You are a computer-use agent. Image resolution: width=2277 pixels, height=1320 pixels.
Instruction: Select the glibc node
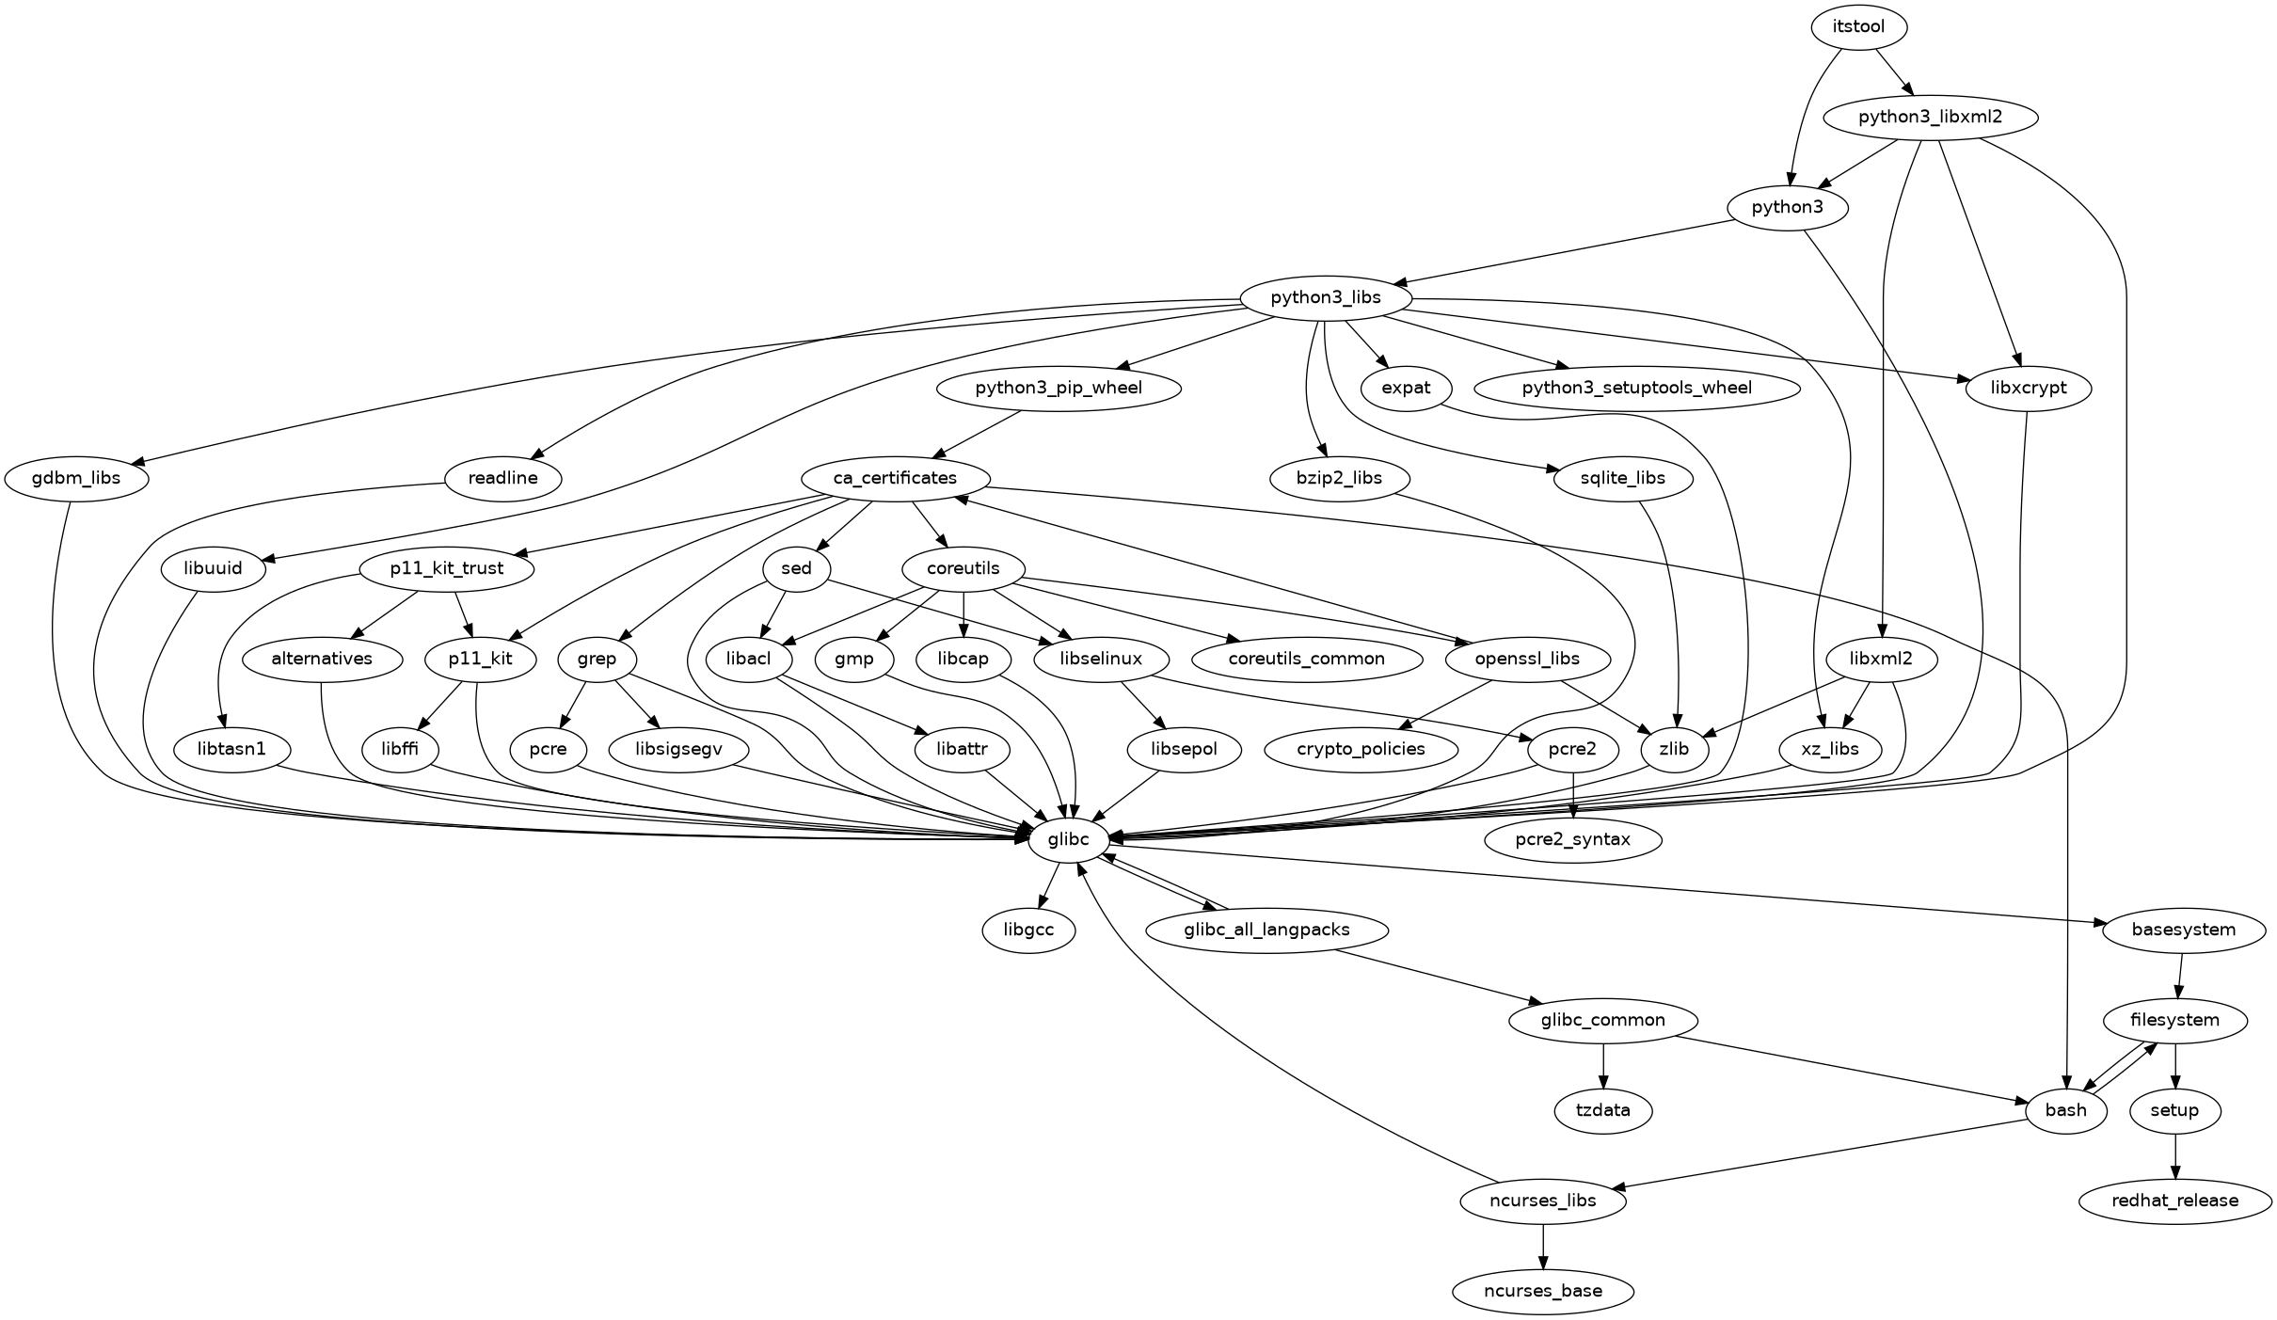point(1067,839)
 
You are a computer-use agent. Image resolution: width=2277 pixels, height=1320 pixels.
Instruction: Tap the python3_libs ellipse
point(1326,298)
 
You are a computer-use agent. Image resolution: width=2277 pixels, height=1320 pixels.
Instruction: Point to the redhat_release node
point(2174,1201)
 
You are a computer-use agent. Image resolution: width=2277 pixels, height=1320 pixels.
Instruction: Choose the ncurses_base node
point(1542,1291)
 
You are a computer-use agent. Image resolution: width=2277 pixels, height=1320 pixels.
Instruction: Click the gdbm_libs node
point(76,478)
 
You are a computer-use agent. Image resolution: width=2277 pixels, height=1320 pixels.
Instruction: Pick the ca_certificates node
point(895,478)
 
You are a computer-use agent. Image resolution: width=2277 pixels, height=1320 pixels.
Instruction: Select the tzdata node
point(1602,1110)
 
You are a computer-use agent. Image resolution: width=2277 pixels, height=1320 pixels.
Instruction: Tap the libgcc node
point(1028,930)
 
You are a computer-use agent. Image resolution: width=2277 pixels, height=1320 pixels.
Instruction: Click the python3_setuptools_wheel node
point(1636,388)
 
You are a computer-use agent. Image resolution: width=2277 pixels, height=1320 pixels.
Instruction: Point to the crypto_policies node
point(1361,749)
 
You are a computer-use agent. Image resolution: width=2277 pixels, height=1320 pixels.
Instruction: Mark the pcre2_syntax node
point(1572,839)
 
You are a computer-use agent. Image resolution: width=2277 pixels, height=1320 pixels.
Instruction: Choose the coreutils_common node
point(1306,659)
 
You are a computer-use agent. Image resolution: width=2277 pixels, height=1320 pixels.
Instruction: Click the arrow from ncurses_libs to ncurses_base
point(1542,1246)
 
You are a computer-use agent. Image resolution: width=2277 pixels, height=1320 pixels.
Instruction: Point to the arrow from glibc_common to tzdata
point(1603,1065)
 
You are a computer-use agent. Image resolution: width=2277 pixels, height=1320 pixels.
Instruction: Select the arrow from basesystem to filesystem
point(2179,975)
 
